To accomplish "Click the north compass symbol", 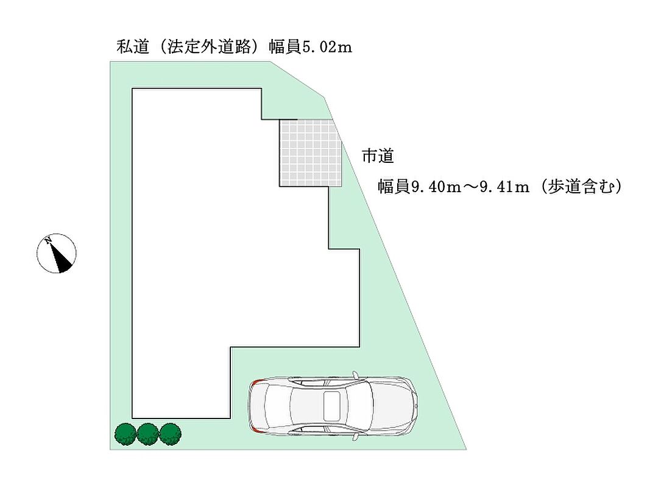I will [x=56, y=253].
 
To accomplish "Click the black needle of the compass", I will [x=61, y=259].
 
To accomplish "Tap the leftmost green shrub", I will [x=125, y=434].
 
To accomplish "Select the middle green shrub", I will [x=148, y=434].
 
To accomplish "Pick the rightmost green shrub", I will [x=171, y=434].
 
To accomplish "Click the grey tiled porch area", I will [x=309, y=152].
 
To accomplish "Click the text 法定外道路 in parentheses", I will [x=208, y=47].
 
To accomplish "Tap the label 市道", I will [x=378, y=156].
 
